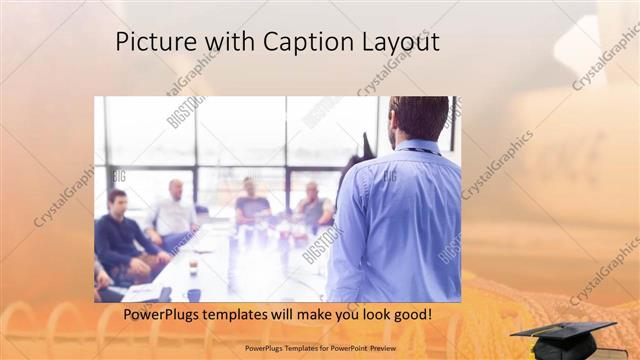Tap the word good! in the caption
tap(412, 315)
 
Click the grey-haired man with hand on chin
tap(313, 206)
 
